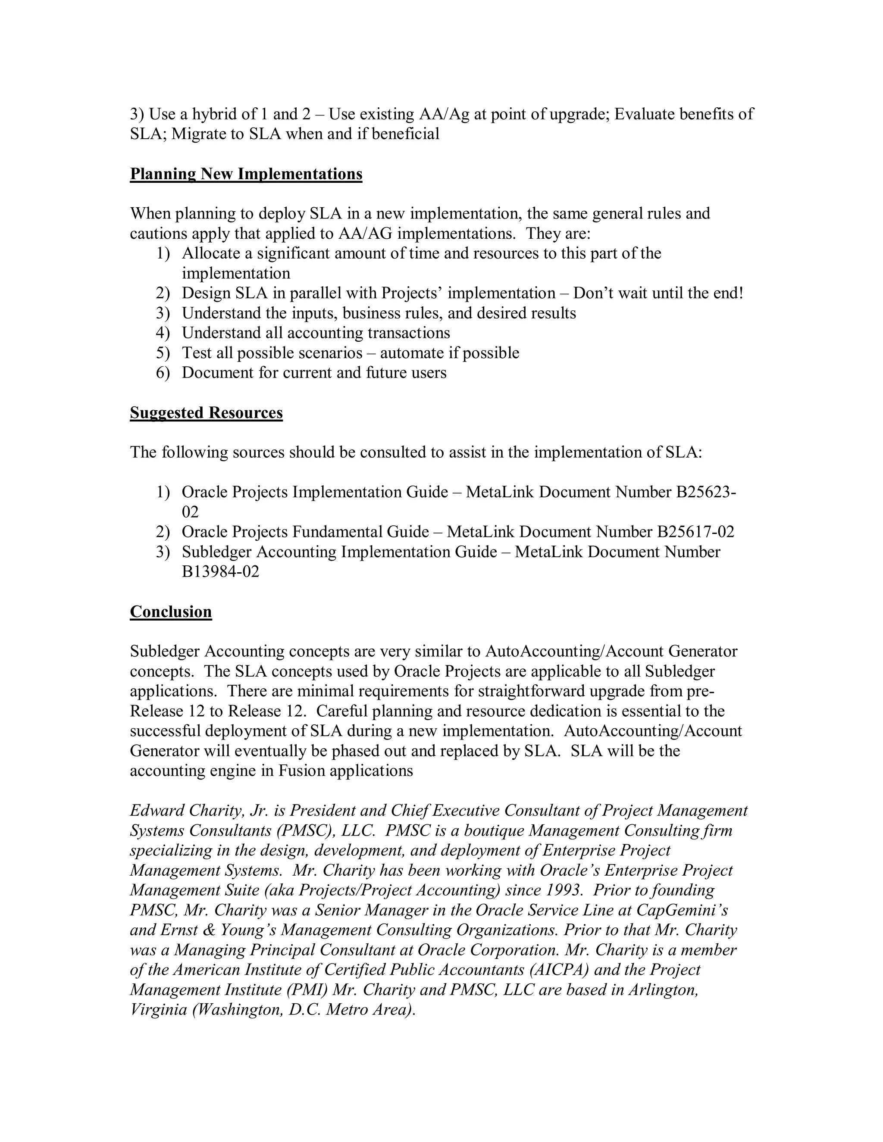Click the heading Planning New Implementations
pos(246,174)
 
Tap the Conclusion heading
pos(171,612)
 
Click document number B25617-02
pos(695,532)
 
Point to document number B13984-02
pos(220,571)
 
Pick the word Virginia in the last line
pos(158,1009)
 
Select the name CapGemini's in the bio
pos(682,910)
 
